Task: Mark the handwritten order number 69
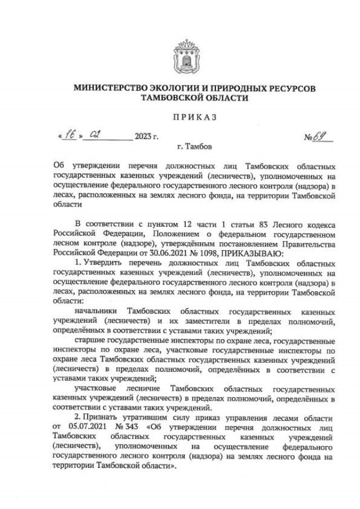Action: (x=323, y=136)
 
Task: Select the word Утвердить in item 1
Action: (x=105, y=263)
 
